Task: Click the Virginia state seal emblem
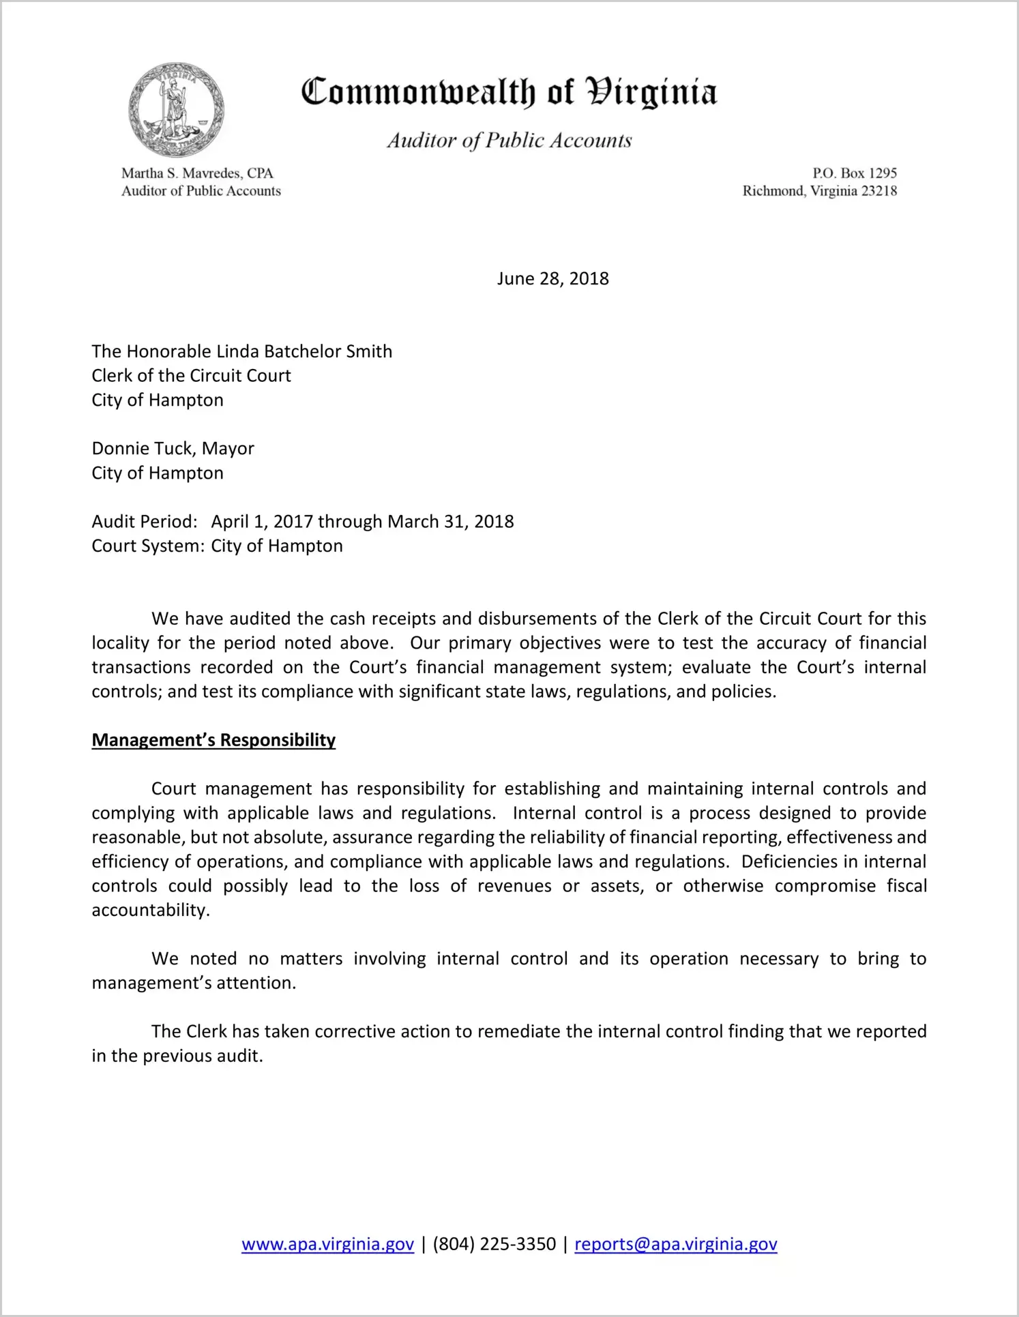[176, 110]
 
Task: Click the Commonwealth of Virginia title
[509, 92]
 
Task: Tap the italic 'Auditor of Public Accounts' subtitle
[510, 140]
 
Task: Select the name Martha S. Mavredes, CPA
[197, 173]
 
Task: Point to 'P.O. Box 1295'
[854, 173]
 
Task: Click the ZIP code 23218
[879, 191]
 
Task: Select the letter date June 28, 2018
[552, 279]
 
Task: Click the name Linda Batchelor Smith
[304, 352]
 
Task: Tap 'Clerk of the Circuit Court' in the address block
[192, 376]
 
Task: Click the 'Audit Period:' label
[145, 522]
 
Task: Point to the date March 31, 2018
[451, 522]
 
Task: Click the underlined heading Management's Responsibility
[213, 741]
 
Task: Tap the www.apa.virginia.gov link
[327, 1244]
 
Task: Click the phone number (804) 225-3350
[494, 1244]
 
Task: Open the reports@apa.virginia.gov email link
[675, 1244]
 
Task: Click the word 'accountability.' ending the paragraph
[151, 911]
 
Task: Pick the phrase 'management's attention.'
[194, 983]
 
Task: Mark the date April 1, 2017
[262, 522]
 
